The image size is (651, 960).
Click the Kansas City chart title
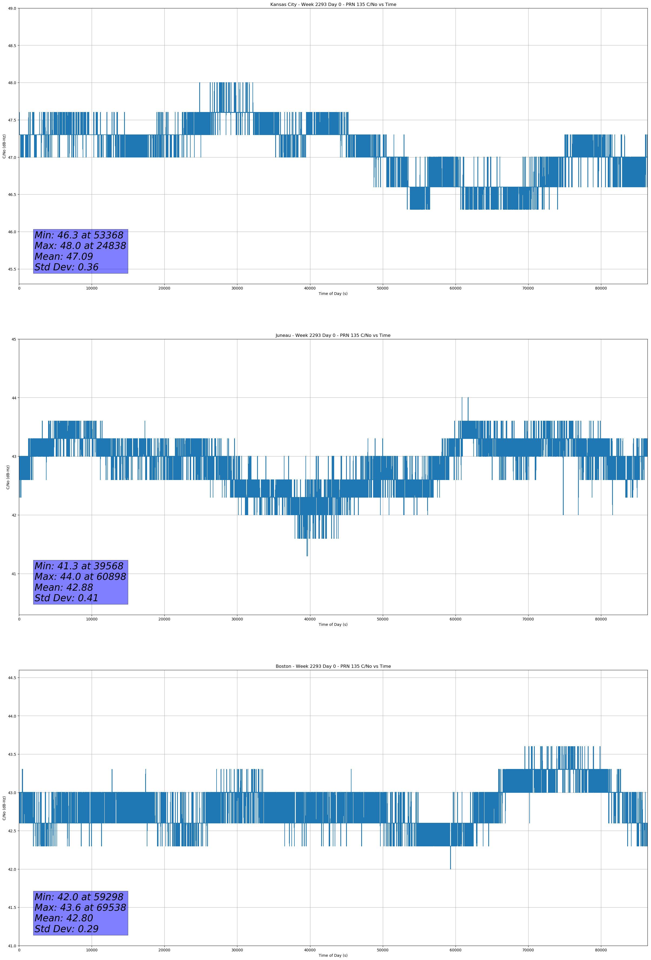[x=333, y=5]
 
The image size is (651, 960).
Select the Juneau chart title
[x=333, y=336]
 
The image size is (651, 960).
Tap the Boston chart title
[x=333, y=666]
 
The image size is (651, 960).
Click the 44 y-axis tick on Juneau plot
[x=14, y=398]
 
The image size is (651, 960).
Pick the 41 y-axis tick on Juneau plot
[x=14, y=574]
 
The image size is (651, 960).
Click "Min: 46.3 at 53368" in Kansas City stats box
[x=79, y=235]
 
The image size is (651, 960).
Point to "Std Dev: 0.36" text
[x=67, y=267]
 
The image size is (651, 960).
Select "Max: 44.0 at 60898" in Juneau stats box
[x=80, y=577]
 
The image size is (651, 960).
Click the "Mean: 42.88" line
[x=64, y=587]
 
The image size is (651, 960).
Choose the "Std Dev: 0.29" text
[x=67, y=929]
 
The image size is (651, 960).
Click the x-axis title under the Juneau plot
[x=333, y=624]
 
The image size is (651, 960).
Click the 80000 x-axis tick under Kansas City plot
[x=601, y=288]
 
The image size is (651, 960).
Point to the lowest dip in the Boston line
[x=450, y=869]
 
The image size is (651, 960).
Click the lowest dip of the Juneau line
[x=307, y=555]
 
